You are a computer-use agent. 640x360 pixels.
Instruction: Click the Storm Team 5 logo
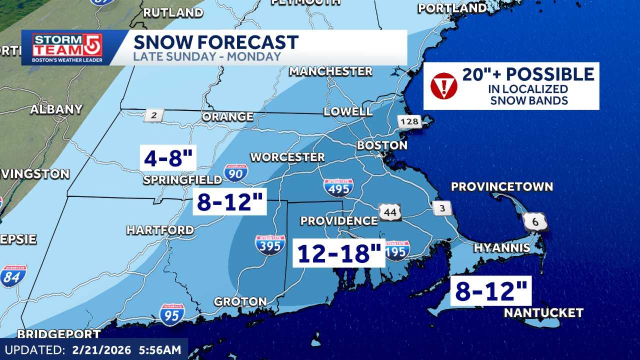(67, 47)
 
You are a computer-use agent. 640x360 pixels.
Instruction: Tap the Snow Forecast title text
(215, 42)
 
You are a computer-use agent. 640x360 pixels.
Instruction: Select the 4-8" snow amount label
(168, 158)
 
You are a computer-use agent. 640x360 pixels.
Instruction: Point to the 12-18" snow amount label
(339, 253)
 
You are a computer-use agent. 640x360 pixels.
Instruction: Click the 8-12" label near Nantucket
(491, 291)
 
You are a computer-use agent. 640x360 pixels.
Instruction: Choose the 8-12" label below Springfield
(230, 201)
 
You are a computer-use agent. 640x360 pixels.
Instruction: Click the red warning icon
(443, 86)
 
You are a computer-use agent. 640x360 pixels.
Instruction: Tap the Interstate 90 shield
(235, 172)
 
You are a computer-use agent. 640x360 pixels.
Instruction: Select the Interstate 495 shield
(338, 187)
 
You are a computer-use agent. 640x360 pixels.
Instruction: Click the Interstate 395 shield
(270, 245)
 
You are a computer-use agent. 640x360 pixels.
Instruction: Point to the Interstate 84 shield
(13, 276)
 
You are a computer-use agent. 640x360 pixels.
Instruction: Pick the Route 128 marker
(409, 121)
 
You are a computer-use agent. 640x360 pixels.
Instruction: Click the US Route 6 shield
(535, 221)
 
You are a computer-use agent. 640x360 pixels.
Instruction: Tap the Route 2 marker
(153, 115)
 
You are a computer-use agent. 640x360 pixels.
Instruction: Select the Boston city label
(381, 145)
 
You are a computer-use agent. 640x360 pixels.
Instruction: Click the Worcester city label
(287, 157)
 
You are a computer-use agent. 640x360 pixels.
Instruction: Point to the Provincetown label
(501, 186)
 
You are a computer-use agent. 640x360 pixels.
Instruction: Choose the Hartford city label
(160, 230)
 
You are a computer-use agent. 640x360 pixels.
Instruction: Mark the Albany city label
(56, 109)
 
